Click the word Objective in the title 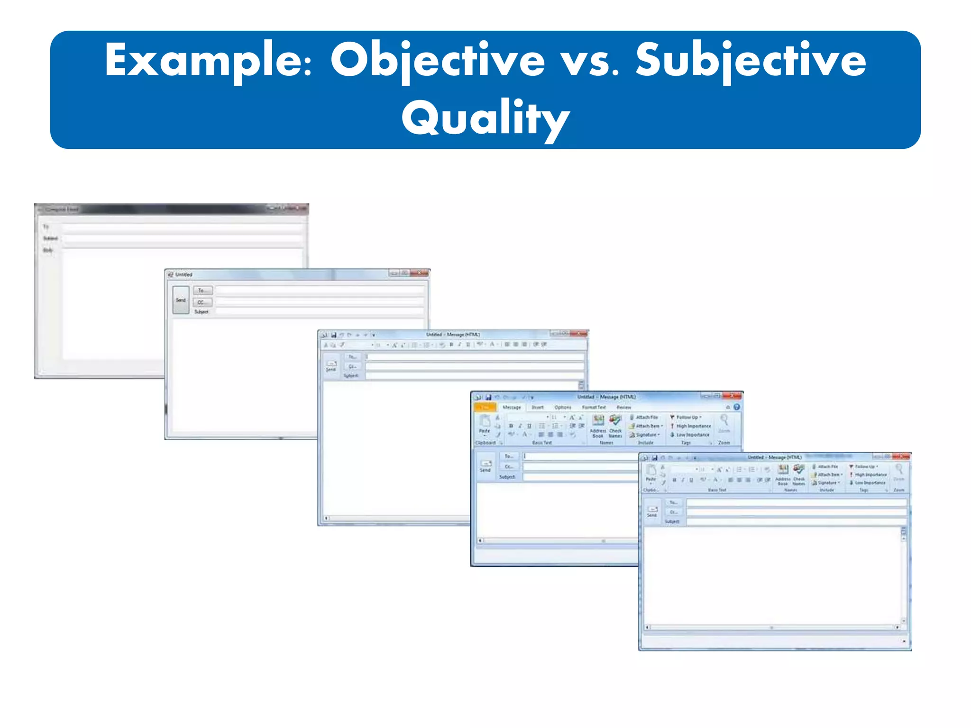[x=437, y=61]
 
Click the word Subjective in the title [x=751, y=61]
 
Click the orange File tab [x=485, y=408]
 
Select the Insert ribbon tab [x=537, y=408]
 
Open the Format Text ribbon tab [x=594, y=408]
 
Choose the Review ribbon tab [x=623, y=408]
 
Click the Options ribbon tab [x=563, y=408]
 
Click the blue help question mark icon [x=737, y=407]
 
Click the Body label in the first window [x=48, y=250]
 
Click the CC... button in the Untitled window [x=202, y=302]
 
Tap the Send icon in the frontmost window [x=652, y=511]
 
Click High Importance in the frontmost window [x=870, y=474]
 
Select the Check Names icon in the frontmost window [x=799, y=473]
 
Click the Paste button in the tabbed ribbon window [x=484, y=424]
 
